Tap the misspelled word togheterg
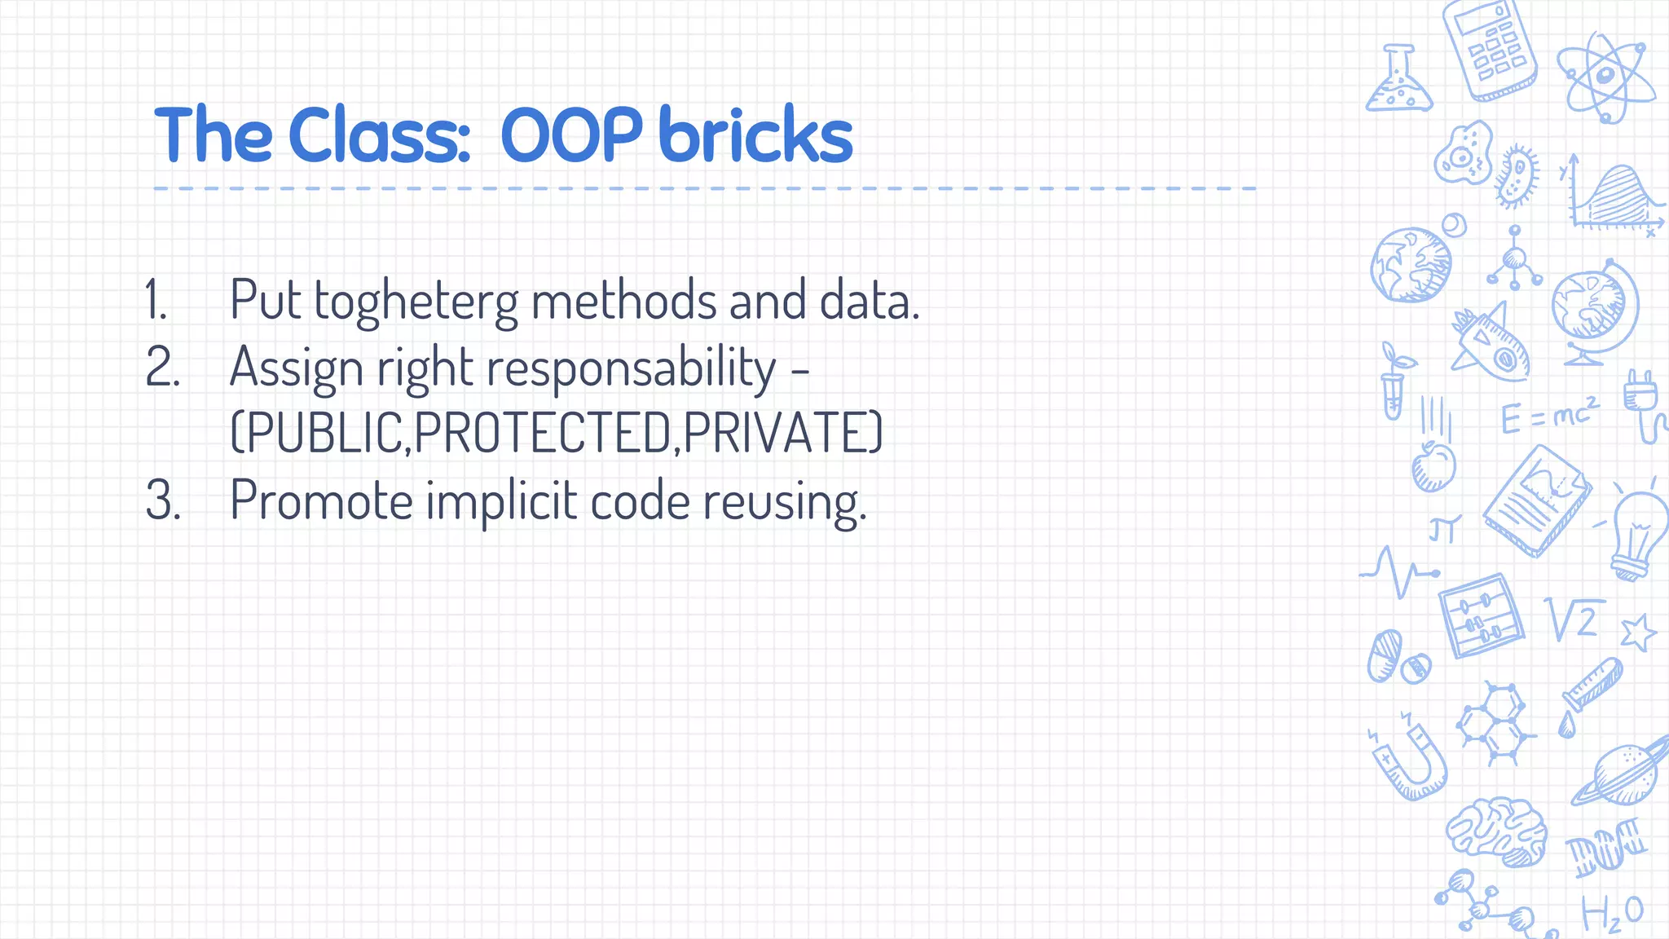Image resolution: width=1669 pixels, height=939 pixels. click(x=416, y=302)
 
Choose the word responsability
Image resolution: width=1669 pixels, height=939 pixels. click(x=632, y=368)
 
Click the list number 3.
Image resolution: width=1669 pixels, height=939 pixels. click(x=161, y=500)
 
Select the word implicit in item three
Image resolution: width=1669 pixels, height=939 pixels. click(x=501, y=500)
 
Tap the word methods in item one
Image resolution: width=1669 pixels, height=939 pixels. click(x=623, y=301)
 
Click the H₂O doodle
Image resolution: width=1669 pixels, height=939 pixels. click(x=1611, y=913)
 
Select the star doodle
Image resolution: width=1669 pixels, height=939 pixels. click(x=1637, y=633)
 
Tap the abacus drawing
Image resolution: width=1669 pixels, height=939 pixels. click(x=1480, y=616)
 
